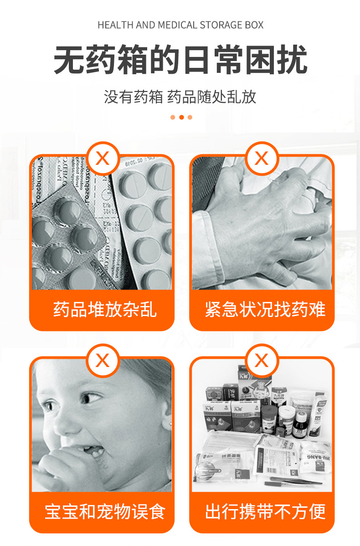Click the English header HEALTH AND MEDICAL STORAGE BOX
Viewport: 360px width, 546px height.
[180, 25]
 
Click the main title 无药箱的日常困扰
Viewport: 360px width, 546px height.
[180, 60]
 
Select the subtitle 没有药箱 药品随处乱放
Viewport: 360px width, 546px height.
[180, 97]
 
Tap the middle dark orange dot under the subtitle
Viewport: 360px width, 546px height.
[181, 117]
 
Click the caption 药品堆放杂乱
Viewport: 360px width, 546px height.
[105, 309]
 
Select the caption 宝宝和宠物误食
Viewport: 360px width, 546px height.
[105, 511]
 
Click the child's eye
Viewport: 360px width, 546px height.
[91, 399]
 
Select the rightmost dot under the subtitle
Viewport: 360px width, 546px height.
[190, 117]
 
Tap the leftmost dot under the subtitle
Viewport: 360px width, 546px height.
[173, 117]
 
